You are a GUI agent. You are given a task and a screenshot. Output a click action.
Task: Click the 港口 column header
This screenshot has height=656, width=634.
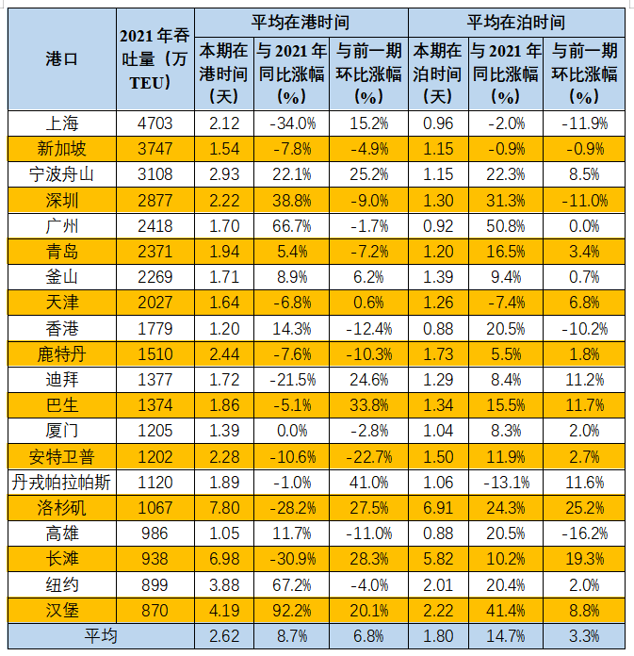tap(61, 58)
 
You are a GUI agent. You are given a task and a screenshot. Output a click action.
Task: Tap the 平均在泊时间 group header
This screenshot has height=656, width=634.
tap(517, 21)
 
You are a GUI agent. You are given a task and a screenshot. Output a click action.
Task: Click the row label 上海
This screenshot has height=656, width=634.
tap(61, 123)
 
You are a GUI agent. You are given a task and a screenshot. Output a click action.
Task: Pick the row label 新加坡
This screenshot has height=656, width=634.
tap(61, 148)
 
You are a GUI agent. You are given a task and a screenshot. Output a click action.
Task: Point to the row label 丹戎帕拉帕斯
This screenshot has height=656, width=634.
tap(61, 482)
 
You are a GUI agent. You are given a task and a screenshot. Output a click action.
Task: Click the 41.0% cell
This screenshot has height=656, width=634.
tap(368, 482)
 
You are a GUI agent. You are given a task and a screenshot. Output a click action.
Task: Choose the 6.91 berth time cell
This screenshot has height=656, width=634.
tap(439, 507)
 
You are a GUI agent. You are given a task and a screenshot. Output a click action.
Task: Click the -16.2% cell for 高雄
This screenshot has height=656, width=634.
tap(584, 533)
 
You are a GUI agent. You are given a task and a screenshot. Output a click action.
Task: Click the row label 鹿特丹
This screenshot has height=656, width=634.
tap(61, 353)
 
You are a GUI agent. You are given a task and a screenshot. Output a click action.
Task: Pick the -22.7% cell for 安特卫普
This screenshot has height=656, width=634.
tap(368, 456)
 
